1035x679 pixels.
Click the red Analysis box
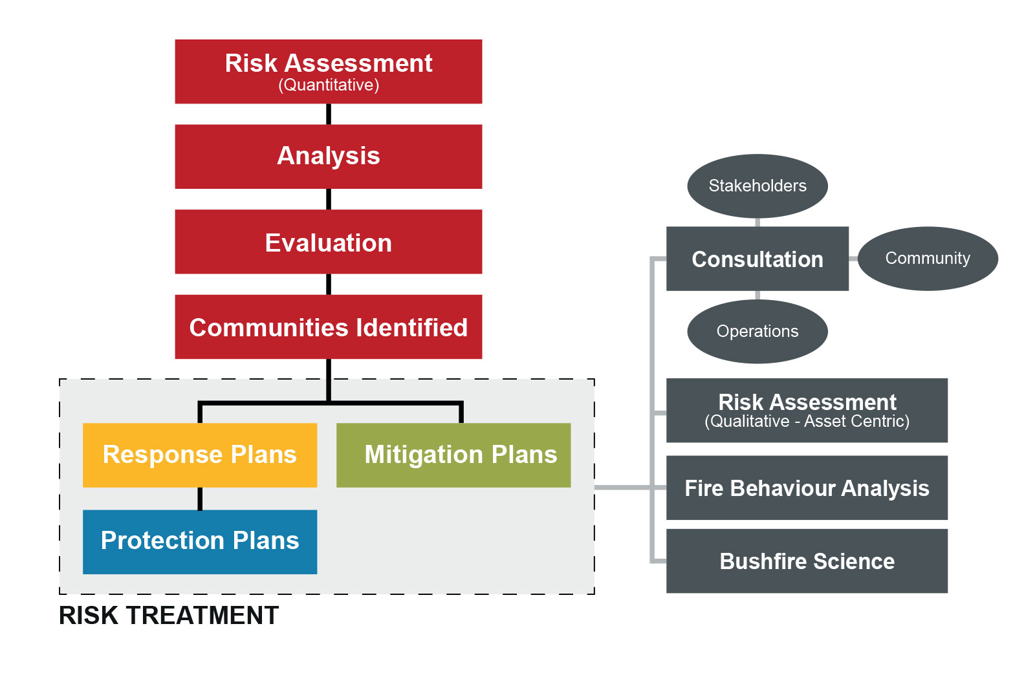pos(329,156)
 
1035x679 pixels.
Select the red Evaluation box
pos(329,242)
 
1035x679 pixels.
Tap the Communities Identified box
pos(329,327)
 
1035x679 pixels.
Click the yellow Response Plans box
pos(200,455)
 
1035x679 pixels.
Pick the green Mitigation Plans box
pos(453,455)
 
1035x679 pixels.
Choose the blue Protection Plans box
pos(200,543)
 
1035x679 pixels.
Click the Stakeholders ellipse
pos(757,186)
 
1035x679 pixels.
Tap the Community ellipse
pos(928,259)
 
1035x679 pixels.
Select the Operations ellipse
pos(757,332)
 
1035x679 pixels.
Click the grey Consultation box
pos(757,259)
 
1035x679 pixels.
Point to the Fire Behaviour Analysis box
pos(807,488)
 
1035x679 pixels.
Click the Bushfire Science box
pos(807,561)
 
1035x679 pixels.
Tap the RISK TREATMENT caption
pos(169,616)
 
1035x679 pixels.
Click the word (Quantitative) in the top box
pos(329,85)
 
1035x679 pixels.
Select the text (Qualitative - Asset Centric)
pos(807,421)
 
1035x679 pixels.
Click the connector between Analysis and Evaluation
pos(329,199)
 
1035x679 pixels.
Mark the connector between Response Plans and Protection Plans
pos(200,499)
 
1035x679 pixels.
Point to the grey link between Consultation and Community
pos(853,259)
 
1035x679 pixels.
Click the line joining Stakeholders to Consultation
pos(757,222)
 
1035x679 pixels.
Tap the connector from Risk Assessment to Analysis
pos(329,114)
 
